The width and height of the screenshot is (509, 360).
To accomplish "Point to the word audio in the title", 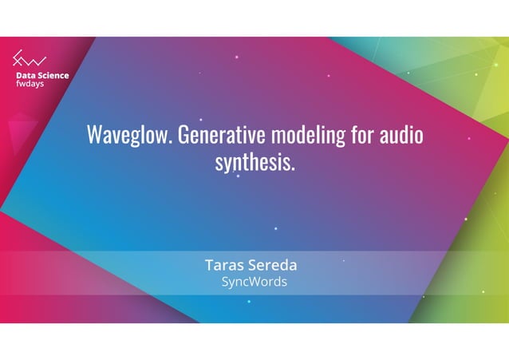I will [400, 134].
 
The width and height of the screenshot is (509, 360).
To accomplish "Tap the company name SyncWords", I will [254, 282].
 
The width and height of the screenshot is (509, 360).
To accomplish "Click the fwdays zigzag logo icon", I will [29, 59].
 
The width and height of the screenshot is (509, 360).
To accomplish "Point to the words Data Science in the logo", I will [42, 76].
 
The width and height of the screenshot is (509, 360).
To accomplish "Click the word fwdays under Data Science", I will [30, 85].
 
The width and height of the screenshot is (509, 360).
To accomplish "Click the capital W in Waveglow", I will [94, 134].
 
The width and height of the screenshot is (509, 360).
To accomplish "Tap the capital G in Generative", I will [183, 134].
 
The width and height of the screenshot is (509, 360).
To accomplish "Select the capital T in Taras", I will [210, 265].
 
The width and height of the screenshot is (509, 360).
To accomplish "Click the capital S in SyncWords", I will [225, 282].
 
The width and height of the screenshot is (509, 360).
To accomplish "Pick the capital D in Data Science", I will [19, 76].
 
